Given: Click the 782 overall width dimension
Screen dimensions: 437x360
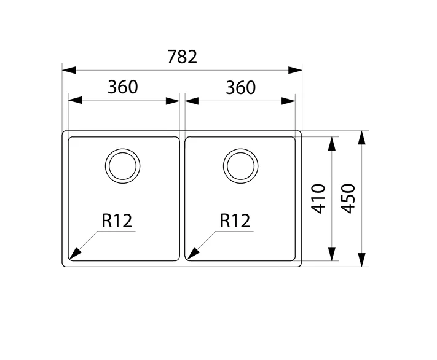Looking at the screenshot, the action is click(x=183, y=57).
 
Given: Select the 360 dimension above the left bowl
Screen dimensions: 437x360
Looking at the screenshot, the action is click(x=123, y=87).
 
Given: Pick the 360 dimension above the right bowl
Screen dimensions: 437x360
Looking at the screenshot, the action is click(x=240, y=87).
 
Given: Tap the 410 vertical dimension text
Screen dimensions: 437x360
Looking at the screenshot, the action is click(x=318, y=198).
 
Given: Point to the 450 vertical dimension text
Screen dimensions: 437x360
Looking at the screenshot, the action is click(x=348, y=198).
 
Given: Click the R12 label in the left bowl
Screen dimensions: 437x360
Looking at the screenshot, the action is click(x=117, y=221).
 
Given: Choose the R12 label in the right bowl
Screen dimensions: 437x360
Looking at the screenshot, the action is click(x=235, y=221).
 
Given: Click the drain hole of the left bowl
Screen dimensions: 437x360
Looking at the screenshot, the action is click(x=123, y=166).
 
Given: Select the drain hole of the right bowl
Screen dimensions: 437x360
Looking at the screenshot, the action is click(x=240, y=166).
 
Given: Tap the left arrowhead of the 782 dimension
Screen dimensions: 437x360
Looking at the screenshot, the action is click(x=69, y=70).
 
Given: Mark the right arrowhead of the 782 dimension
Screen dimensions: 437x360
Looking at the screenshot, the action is click(x=295, y=70).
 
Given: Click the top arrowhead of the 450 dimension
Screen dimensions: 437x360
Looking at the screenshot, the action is click(x=361, y=138).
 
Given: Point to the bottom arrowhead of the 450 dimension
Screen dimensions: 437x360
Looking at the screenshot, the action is click(x=361, y=260).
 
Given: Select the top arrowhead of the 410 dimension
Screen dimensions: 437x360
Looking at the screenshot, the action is click(x=332, y=144).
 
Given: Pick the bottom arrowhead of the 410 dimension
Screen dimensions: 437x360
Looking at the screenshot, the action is click(x=332, y=254).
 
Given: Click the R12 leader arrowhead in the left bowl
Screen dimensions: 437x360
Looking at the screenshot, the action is click(x=74, y=254).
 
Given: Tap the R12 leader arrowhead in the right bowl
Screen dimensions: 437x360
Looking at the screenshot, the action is click(x=193, y=254).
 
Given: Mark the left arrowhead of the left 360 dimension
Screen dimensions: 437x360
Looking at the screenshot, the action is click(x=75, y=100).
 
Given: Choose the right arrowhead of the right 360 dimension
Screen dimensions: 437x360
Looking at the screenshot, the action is click(x=288, y=101).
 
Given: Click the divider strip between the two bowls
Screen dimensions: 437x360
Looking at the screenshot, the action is click(x=183, y=198).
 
